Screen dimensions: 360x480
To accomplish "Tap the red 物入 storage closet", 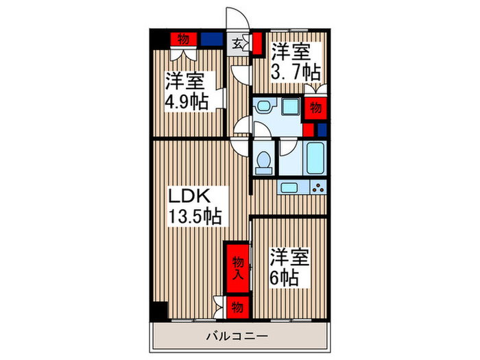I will coord(237,268).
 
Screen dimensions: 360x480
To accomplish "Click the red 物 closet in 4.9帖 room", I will coord(183,38).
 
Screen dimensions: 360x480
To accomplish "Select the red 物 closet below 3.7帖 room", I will coord(315,108).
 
